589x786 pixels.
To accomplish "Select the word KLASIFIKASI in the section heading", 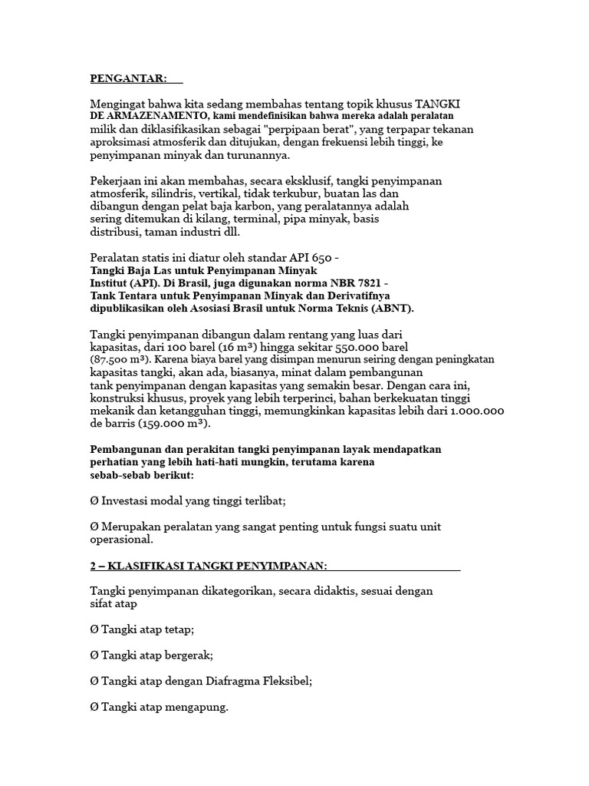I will pos(146,566).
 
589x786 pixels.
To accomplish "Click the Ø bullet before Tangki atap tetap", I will pos(94,629).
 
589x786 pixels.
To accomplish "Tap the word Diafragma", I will pos(233,681).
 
